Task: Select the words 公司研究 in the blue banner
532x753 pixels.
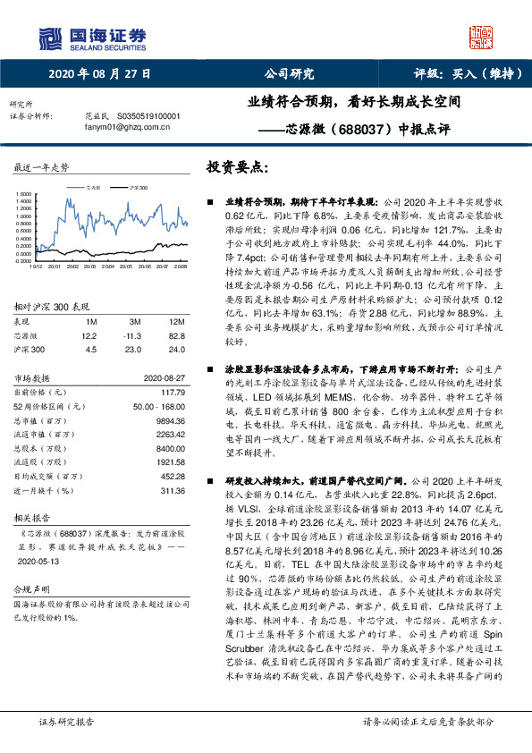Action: [289, 74]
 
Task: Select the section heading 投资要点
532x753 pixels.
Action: [236, 167]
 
